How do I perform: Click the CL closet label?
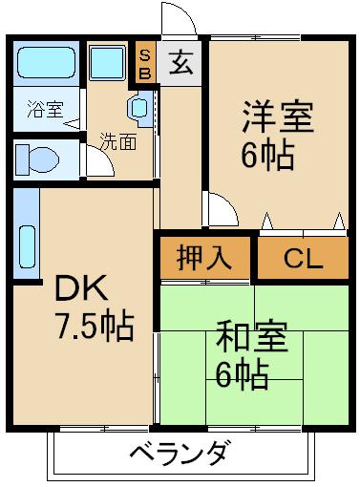[x=303, y=258]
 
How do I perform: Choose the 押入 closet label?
[x=204, y=258]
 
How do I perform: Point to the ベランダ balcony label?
[x=179, y=452]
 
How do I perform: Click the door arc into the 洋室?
[x=220, y=208]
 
